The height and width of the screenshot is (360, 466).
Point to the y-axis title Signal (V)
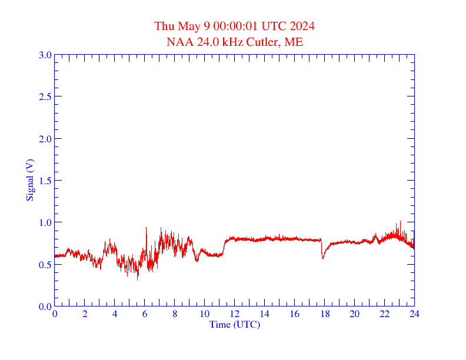click(30, 180)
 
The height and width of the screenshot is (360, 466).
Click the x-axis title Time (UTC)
click(234, 324)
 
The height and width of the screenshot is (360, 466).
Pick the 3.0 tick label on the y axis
click(45, 55)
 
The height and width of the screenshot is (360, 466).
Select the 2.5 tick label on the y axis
click(45, 96)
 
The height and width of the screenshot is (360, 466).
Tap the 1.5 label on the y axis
click(45, 181)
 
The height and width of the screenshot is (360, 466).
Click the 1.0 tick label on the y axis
click(45, 222)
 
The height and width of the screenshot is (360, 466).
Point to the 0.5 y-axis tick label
click(45, 264)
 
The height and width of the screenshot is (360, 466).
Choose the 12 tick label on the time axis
click(234, 314)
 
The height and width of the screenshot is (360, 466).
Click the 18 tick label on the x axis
click(324, 314)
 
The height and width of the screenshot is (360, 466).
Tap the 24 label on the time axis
click(414, 314)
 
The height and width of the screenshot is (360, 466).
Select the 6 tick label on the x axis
click(145, 314)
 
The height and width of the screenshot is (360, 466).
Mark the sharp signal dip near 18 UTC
click(322, 258)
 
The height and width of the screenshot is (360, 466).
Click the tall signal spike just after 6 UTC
click(146, 228)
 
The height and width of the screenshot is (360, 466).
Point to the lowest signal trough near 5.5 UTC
click(138, 279)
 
